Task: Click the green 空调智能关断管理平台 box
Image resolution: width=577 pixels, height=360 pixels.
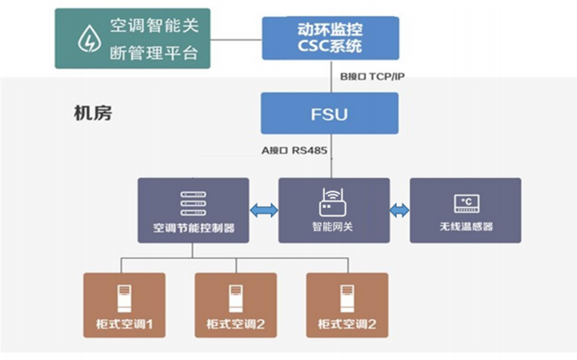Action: click(x=133, y=38)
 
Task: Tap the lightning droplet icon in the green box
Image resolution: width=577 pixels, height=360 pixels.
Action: click(x=87, y=39)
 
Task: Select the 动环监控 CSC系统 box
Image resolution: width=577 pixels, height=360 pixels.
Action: click(x=330, y=38)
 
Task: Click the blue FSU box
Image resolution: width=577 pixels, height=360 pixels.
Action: click(x=329, y=114)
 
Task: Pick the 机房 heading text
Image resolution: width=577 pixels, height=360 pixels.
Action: click(x=93, y=112)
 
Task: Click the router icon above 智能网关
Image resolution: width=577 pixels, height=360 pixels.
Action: click(x=333, y=203)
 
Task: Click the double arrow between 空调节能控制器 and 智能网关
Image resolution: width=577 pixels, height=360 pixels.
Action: click(x=264, y=211)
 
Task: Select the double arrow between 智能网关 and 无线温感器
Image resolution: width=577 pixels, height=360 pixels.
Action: click(x=400, y=211)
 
